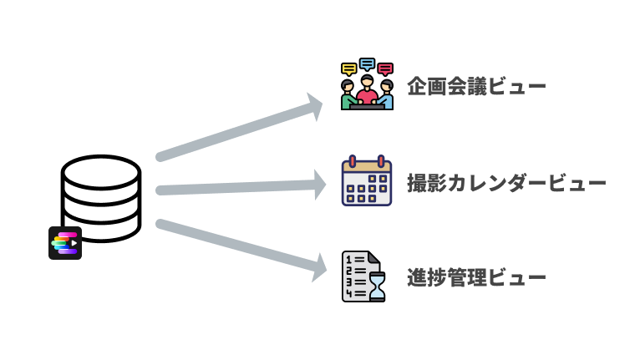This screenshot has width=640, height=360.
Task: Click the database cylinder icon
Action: coord(100,196)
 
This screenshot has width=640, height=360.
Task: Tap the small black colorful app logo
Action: coord(64,243)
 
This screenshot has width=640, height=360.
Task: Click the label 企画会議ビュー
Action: coord(476,86)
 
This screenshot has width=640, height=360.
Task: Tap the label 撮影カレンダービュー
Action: coord(506,183)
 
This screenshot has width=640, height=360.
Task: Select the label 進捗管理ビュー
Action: coord(476,276)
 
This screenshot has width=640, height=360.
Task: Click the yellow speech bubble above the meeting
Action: coord(349,68)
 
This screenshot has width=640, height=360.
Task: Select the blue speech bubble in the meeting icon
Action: coord(367,63)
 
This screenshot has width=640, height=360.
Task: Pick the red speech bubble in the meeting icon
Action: coord(385,68)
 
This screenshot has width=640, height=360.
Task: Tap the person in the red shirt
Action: coord(367,89)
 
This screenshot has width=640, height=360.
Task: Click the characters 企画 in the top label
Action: coord(425,86)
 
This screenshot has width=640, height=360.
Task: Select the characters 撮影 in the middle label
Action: coord(425,183)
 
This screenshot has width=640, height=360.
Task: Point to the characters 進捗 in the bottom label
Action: coord(425,276)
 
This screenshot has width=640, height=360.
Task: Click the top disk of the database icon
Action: coord(100,170)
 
